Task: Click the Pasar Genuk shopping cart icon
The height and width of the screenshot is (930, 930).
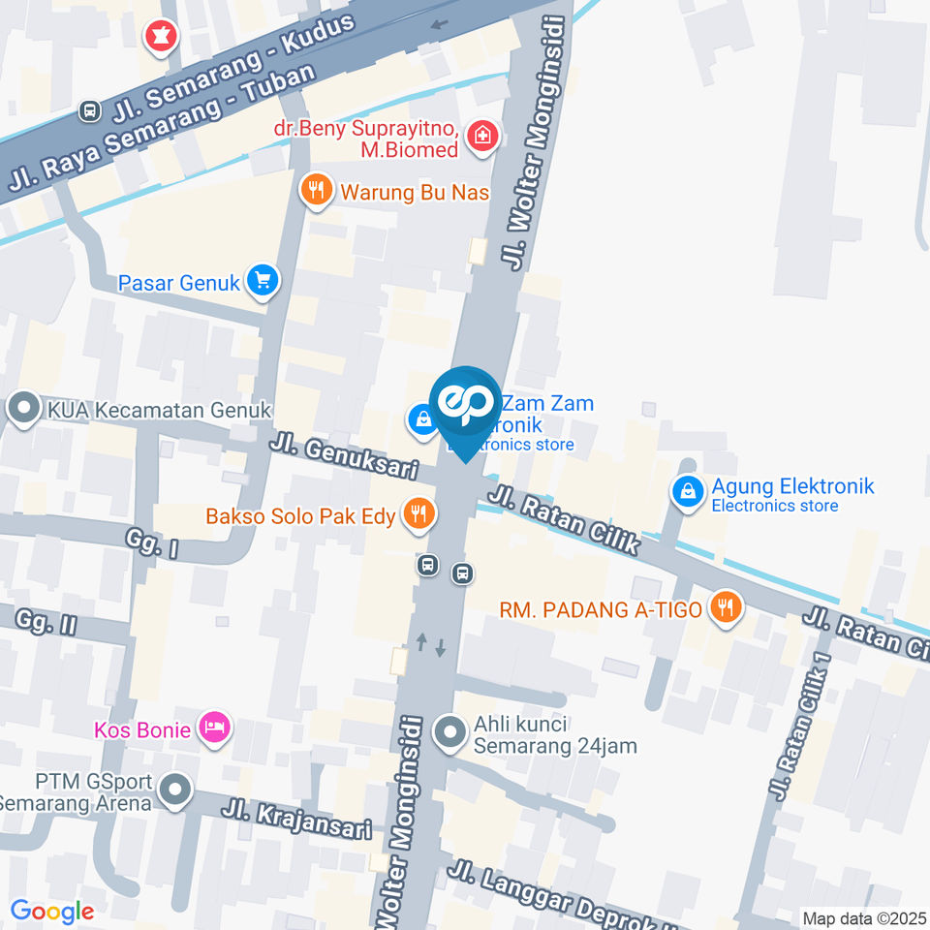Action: (262, 282)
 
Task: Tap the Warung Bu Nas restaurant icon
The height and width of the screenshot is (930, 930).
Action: (316, 191)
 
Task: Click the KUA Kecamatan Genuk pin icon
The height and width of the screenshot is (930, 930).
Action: (21, 409)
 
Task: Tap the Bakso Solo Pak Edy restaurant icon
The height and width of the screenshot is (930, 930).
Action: (418, 514)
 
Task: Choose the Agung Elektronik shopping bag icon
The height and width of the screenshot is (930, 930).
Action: (687, 493)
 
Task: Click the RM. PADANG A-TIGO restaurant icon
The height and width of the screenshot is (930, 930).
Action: (725, 608)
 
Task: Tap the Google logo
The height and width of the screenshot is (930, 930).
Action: (52, 912)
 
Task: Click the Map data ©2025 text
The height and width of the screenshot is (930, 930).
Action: (864, 917)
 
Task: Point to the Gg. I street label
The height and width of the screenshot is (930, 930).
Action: (153, 542)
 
